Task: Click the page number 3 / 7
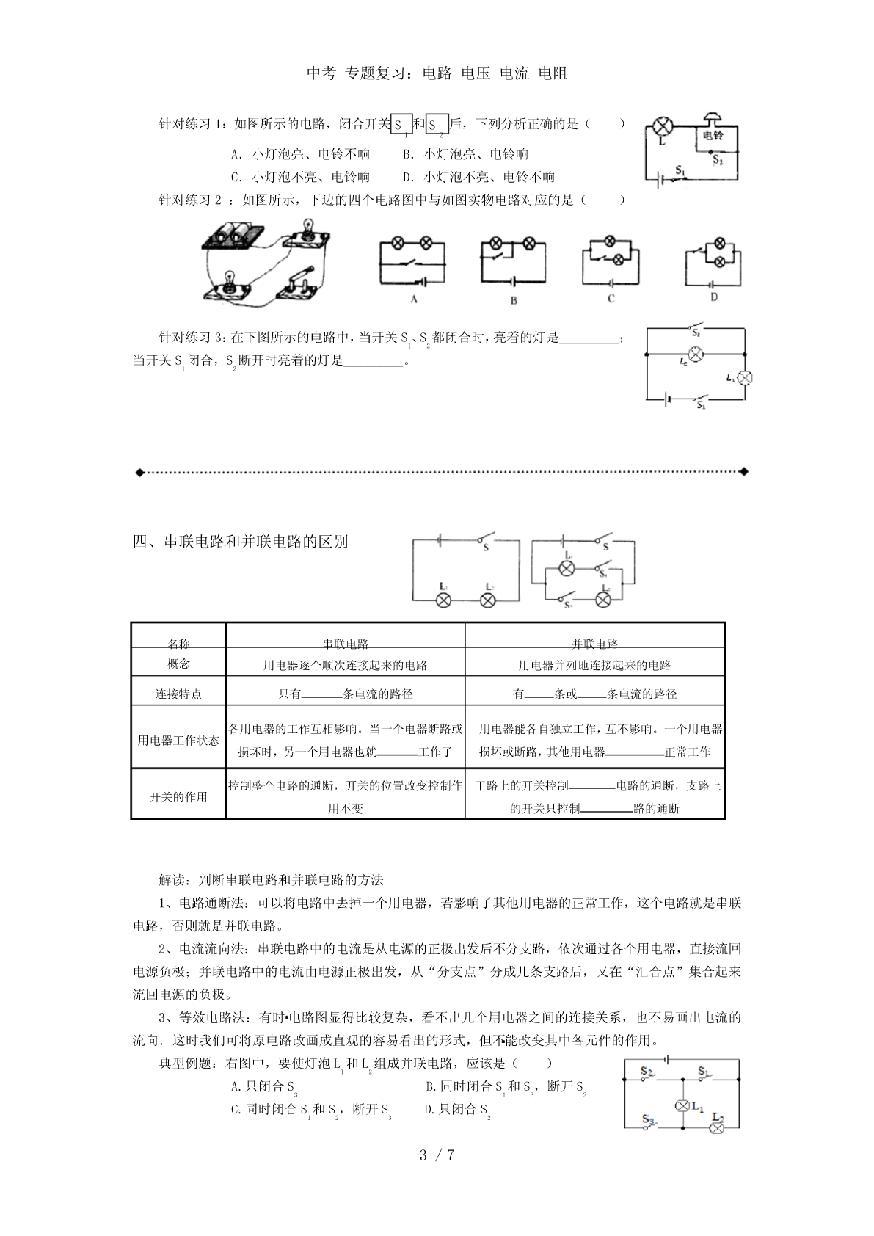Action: click(x=437, y=1155)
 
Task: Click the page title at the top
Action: click(x=437, y=73)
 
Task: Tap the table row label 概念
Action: click(x=178, y=664)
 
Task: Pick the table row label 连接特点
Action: click(x=178, y=694)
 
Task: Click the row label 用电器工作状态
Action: click(x=178, y=740)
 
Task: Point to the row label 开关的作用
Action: click(x=178, y=796)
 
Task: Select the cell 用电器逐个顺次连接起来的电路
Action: click(x=345, y=665)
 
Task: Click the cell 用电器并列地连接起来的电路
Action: click(x=594, y=665)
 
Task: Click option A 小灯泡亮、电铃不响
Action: click(x=301, y=154)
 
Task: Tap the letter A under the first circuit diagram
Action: click(x=414, y=299)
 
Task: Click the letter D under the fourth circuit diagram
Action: click(x=713, y=297)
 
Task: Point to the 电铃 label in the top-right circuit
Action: click(x=713, y=136)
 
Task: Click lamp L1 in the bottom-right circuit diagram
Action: click(x=681, y=1106)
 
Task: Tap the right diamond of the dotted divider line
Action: click(x=744, y=471)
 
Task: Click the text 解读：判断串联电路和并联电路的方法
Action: click(x=271, y=880)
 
